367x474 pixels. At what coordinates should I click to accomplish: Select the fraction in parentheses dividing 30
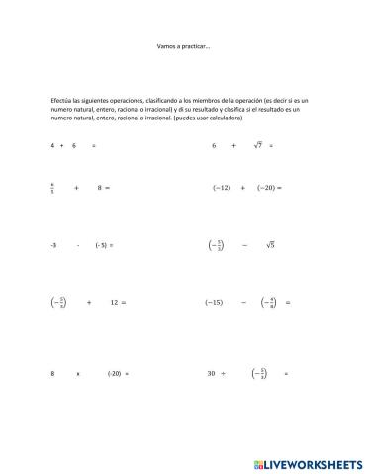[259, 374]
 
